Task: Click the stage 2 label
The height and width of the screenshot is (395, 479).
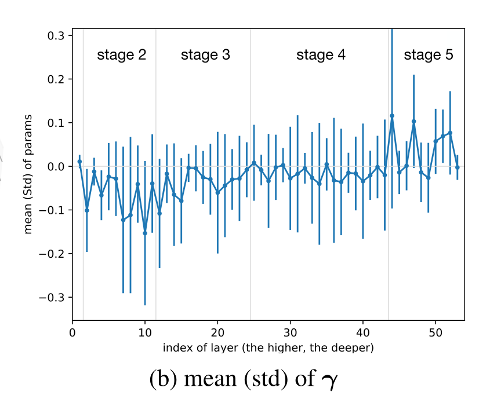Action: tap(121, 55)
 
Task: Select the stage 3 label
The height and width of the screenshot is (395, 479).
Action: tap(205, 55)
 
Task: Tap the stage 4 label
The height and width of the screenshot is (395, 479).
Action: tap(321, 55)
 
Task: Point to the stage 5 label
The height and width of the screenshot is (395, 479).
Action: tap(429, 55)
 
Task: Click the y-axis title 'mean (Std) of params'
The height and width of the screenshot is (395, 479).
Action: tap(28, 174)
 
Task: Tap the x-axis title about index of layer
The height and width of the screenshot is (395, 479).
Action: tap(268, 348)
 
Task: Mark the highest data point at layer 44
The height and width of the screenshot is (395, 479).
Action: tap(392, 116)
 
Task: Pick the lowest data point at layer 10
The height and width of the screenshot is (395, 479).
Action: tap(145, 233)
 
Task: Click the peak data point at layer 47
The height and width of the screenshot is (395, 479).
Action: tap(413, 122)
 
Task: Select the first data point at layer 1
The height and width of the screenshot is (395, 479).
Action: tap(79, 162)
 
